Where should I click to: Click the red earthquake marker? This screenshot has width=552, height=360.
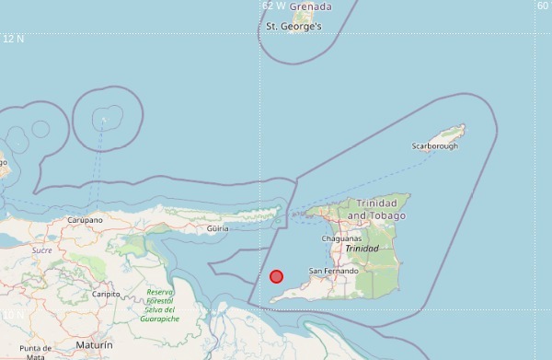coord(276,276)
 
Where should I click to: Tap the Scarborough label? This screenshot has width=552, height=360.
coord(433,145)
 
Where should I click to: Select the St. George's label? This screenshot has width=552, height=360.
coord(293,27)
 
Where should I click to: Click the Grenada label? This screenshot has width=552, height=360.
coord(310,6)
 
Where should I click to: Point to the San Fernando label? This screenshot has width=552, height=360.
coord(333,271)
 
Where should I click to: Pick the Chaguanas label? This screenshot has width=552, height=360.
coord(341,238)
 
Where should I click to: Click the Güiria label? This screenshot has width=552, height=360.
coord(218,227)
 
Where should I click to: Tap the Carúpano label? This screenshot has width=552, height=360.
coord(85,221)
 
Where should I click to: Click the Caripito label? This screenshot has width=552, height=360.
coord(106,294)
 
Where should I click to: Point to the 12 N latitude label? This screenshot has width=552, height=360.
coord(13,39)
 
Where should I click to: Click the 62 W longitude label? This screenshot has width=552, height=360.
coord(273,6)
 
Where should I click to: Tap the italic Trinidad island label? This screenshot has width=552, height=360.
coord(362,249)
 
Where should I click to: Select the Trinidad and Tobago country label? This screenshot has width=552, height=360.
coord(376,208)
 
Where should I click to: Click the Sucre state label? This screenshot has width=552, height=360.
coord(42,250)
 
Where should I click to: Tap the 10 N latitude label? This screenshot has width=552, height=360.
coord(13,315)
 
